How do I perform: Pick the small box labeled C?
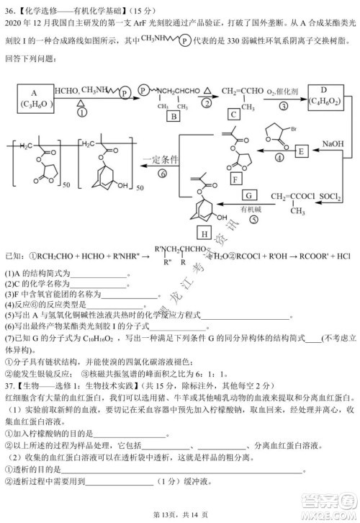(x=233, y=115)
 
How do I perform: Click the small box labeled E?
(x=301, y=150)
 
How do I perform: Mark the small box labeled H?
(x=204, y=234)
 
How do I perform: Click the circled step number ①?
(x=81, y=112)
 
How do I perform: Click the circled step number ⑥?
(x=163, y=174)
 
